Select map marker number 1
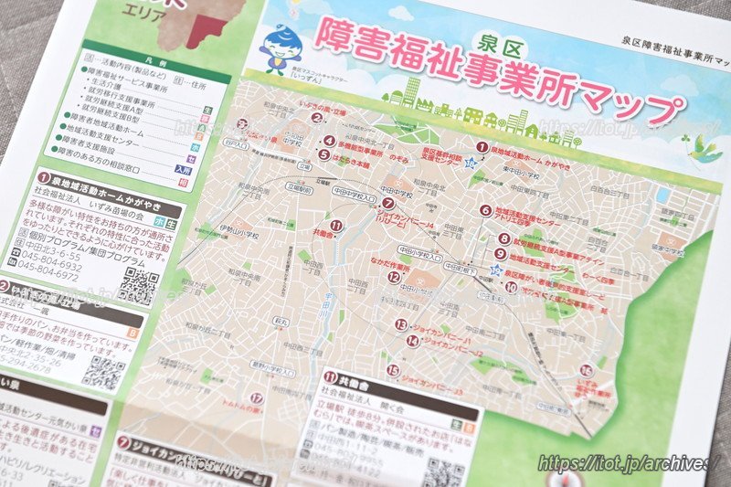pos(482,146)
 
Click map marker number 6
pos(485,210)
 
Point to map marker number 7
pos(388,204)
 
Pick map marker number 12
pos(393,277)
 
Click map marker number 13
pos(400,323)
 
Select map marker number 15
pos(393,370)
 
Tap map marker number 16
pos(587,370)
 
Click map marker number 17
pos(257,398)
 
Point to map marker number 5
pos(323,154)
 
